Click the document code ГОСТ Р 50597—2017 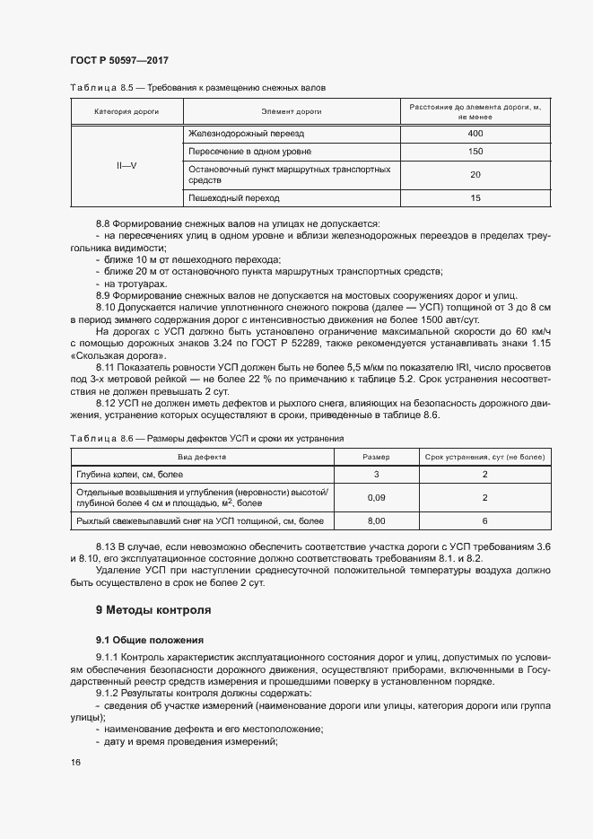point(118,60)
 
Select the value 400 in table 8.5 point(475,134)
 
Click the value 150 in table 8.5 point(475,151)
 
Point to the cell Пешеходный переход point(234,197)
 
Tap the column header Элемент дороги point(292,111)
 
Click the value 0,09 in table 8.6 point(376,497)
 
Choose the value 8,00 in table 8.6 point(376,520)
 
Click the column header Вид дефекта point(202,456)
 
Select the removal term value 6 point(484,520)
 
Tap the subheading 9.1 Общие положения point(150,640)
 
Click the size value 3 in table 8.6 point(376,474)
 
